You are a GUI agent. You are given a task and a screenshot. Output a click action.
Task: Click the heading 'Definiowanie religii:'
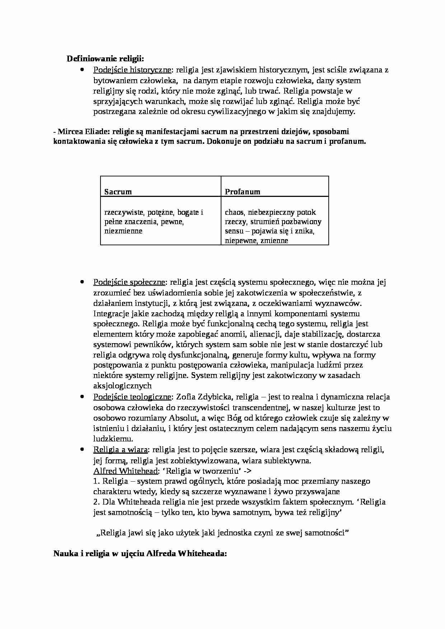[x=106, y=59]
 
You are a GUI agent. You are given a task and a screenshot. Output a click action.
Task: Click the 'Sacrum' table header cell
[x=118, y=192]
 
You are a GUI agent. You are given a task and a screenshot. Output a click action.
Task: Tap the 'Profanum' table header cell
[x=242, y=192]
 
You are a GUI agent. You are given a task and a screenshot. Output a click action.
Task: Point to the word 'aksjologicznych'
[x=122, y=386]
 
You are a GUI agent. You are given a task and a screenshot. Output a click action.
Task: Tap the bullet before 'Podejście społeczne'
[x=82, y=282]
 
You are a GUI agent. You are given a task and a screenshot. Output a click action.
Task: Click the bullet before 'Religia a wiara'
[x=82, y=449]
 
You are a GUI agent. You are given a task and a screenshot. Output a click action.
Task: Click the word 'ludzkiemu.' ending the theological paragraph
[x=113, y=439]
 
